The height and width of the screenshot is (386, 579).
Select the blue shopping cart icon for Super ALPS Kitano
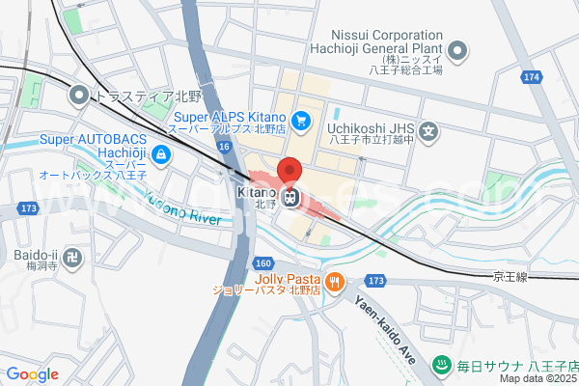(302, 120)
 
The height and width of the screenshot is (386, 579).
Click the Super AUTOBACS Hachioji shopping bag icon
(161, 154)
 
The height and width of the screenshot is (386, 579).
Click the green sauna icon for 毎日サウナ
(441, 365)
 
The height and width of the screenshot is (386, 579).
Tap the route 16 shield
(224, 146)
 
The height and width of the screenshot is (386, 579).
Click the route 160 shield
(263, 262)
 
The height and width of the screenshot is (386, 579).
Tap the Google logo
(32, 374)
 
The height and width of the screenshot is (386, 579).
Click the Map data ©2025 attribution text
(538, 379)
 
